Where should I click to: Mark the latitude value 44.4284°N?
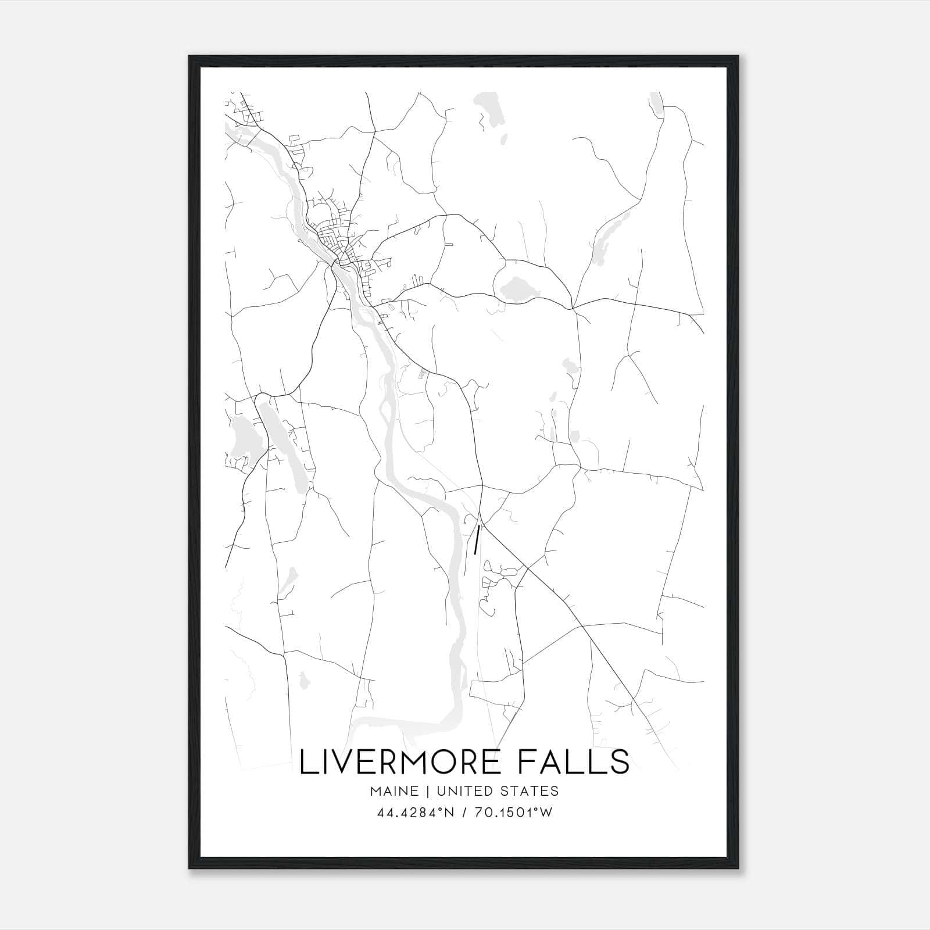click(414, 813)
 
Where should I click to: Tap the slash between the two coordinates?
click(464, 813)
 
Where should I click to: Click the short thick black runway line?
click(477, 539)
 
